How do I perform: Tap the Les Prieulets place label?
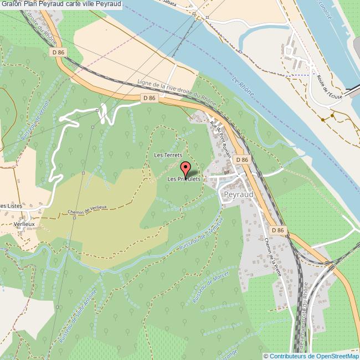click(183, 179)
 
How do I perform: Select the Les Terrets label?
click(168, 155)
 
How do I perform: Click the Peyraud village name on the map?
click(238, 195)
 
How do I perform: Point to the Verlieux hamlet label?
click(24, 224)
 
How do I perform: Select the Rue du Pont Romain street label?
click(220, 138)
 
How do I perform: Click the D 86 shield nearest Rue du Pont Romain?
click(241, 160)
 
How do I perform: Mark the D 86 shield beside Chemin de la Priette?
click(277, 230)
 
